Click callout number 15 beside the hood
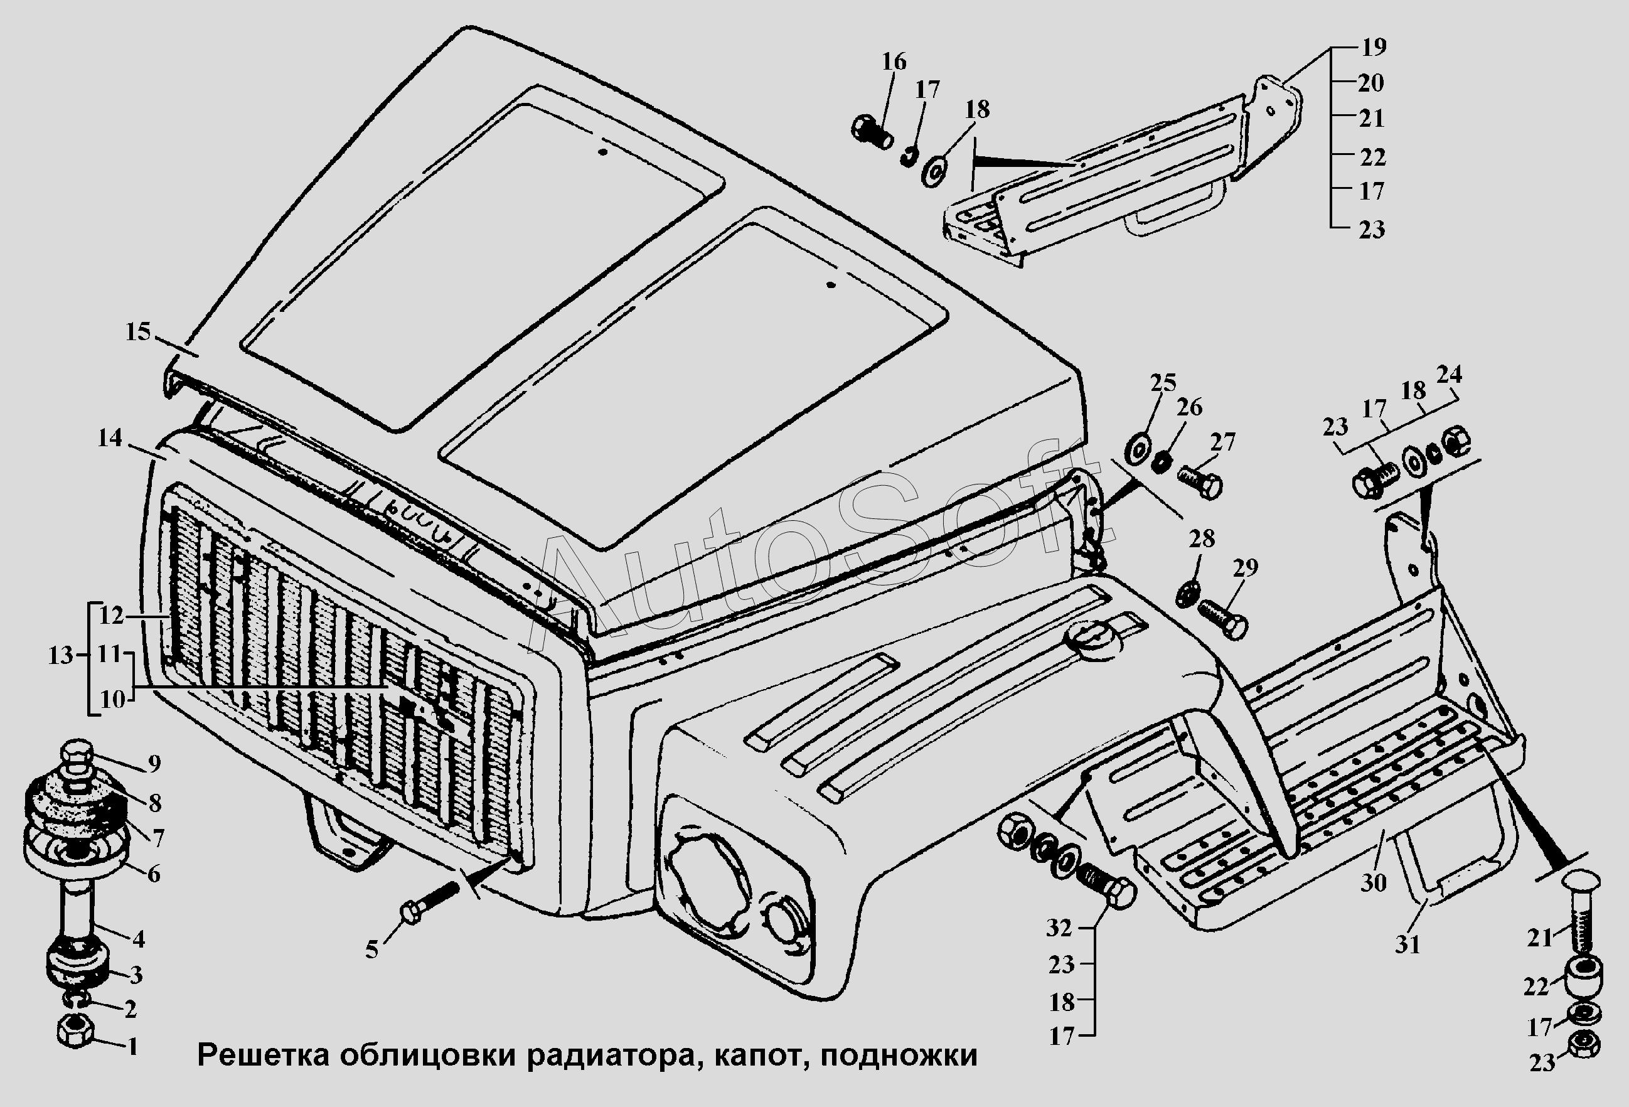[138, 331]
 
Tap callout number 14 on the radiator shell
[110, 438]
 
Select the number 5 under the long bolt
[371, 950]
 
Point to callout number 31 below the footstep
[1407, 944]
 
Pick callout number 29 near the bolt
[1245, 568]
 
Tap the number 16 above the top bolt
[894, 61]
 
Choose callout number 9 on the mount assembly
[154, 764]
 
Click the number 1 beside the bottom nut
[132, 1047]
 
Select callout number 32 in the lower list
[1059, 928]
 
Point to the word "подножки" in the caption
[899, 1055]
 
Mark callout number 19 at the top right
[1374, 47]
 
